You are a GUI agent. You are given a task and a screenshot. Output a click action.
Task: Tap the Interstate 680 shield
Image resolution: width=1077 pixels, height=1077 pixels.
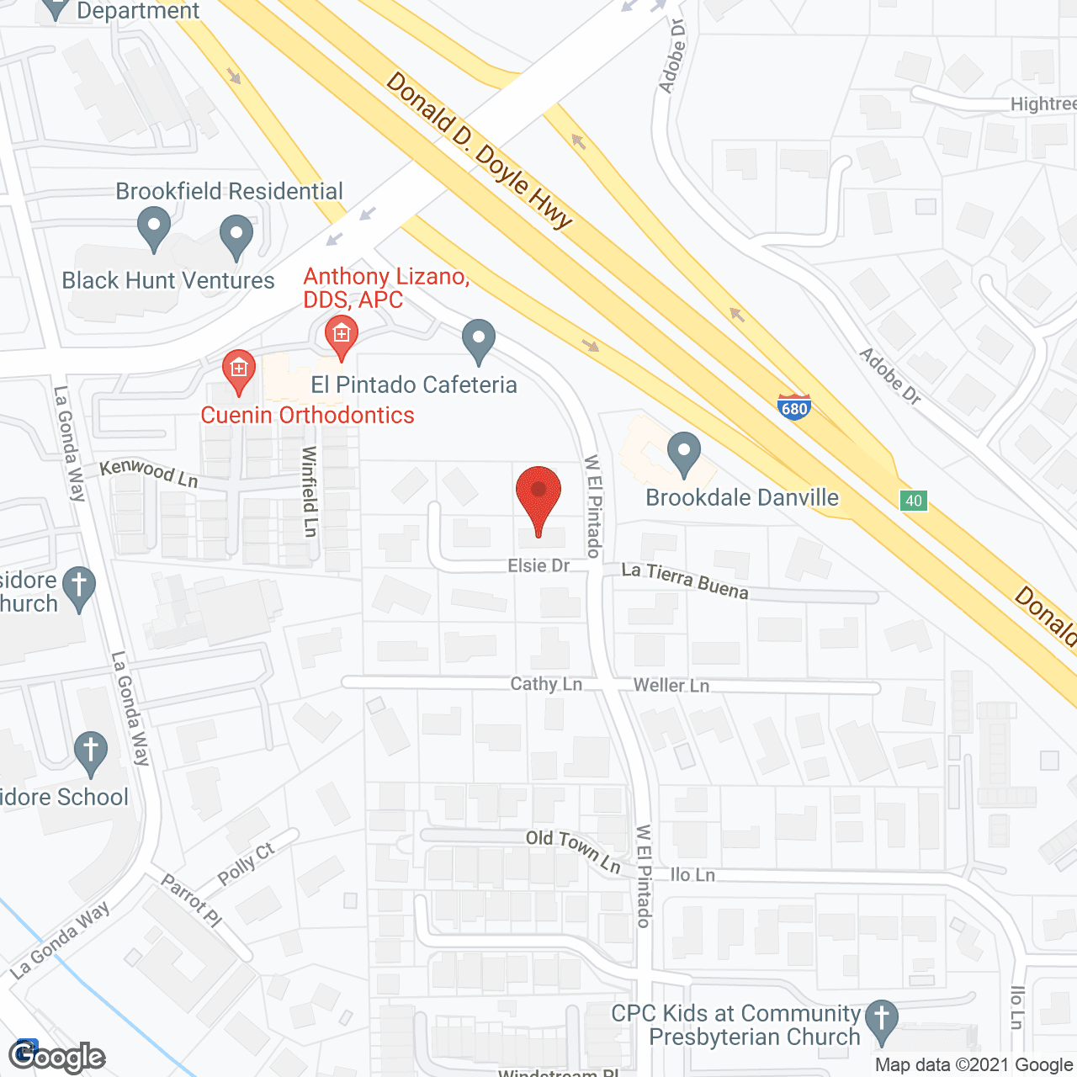(x=793, y=407)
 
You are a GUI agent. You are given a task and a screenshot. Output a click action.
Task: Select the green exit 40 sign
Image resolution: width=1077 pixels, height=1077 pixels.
(x=913, y=501)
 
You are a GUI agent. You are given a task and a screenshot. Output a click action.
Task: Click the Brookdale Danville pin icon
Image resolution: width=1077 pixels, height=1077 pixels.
(x=684, y=454)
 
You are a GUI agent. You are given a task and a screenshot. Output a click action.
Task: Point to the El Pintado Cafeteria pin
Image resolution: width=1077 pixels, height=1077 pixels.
(x=479, y=341)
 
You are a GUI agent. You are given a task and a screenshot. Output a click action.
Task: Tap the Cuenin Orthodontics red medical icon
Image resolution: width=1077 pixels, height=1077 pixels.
(x=239, y=370)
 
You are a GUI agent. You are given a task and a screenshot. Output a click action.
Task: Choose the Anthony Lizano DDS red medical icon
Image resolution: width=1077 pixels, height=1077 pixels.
(x=341, y=336)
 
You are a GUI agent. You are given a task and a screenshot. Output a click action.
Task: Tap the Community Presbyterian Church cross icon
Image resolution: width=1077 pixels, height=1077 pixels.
(x=881, y=1021)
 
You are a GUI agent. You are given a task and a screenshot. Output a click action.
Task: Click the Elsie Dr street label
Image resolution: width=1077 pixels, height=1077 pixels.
(x=538, y=565)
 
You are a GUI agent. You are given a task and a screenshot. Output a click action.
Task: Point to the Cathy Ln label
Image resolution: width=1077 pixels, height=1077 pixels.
(x=546, y=683)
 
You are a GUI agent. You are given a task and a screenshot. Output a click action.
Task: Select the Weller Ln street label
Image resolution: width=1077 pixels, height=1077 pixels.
(x=671, y=686)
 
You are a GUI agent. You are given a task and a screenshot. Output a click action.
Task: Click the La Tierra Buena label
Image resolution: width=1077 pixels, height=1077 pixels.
(x=684, y=581)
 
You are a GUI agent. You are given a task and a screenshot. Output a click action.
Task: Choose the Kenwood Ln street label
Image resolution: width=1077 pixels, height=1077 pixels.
(x=149, y=473)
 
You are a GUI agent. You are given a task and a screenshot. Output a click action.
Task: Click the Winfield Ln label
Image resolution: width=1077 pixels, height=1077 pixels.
(x=310, y=491)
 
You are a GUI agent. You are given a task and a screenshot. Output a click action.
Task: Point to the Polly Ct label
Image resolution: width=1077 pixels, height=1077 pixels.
(x=246, y=864)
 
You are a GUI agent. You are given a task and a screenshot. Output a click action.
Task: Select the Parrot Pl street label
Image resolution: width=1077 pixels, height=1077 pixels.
(x=191, y=900)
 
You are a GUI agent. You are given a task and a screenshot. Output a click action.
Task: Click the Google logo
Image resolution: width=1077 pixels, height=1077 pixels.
(x=56, y=1057)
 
